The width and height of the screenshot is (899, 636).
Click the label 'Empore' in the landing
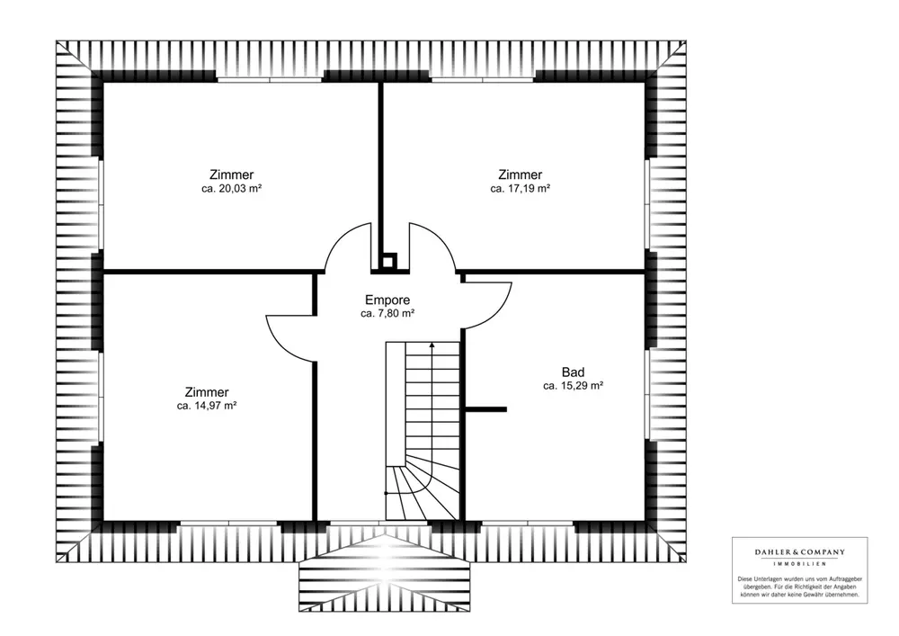pyautogui.click(x=387, y=300)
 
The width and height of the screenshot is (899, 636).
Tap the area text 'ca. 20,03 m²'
pyautogui.click(x=232, y=189)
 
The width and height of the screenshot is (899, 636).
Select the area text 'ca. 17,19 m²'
pyautogui.click(x=520, y=189)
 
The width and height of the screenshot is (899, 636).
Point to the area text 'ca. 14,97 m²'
pyautogui.click(x=207, y=406)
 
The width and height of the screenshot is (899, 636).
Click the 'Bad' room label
pyautogui.click(x=573, y=372)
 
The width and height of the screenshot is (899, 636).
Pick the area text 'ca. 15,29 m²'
pyautogui.click(x=573, y=386)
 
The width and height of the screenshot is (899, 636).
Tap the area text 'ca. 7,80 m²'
pyautogui.click(x=387, y=314)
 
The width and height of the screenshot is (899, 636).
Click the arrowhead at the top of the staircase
pyautogui.click(x=432, y=345)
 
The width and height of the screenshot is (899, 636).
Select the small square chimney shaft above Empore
pyautogui.click(x=388, y=262)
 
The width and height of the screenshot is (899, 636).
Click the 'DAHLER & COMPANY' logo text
pyautogui.click(x=800, y=552)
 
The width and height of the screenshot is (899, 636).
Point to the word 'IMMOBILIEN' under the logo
pyautogui.click(x=800, y=564)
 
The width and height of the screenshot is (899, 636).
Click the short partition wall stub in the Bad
pyautogui.click(x=485, y=409)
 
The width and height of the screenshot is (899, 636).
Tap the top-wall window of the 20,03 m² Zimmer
pyautogui.click(x=270, y=80)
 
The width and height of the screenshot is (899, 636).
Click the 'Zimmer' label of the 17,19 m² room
pyautogui.click(x=520, y=175)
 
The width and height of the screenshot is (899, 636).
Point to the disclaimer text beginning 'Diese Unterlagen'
pyautogui.click(x=800, y=587)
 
